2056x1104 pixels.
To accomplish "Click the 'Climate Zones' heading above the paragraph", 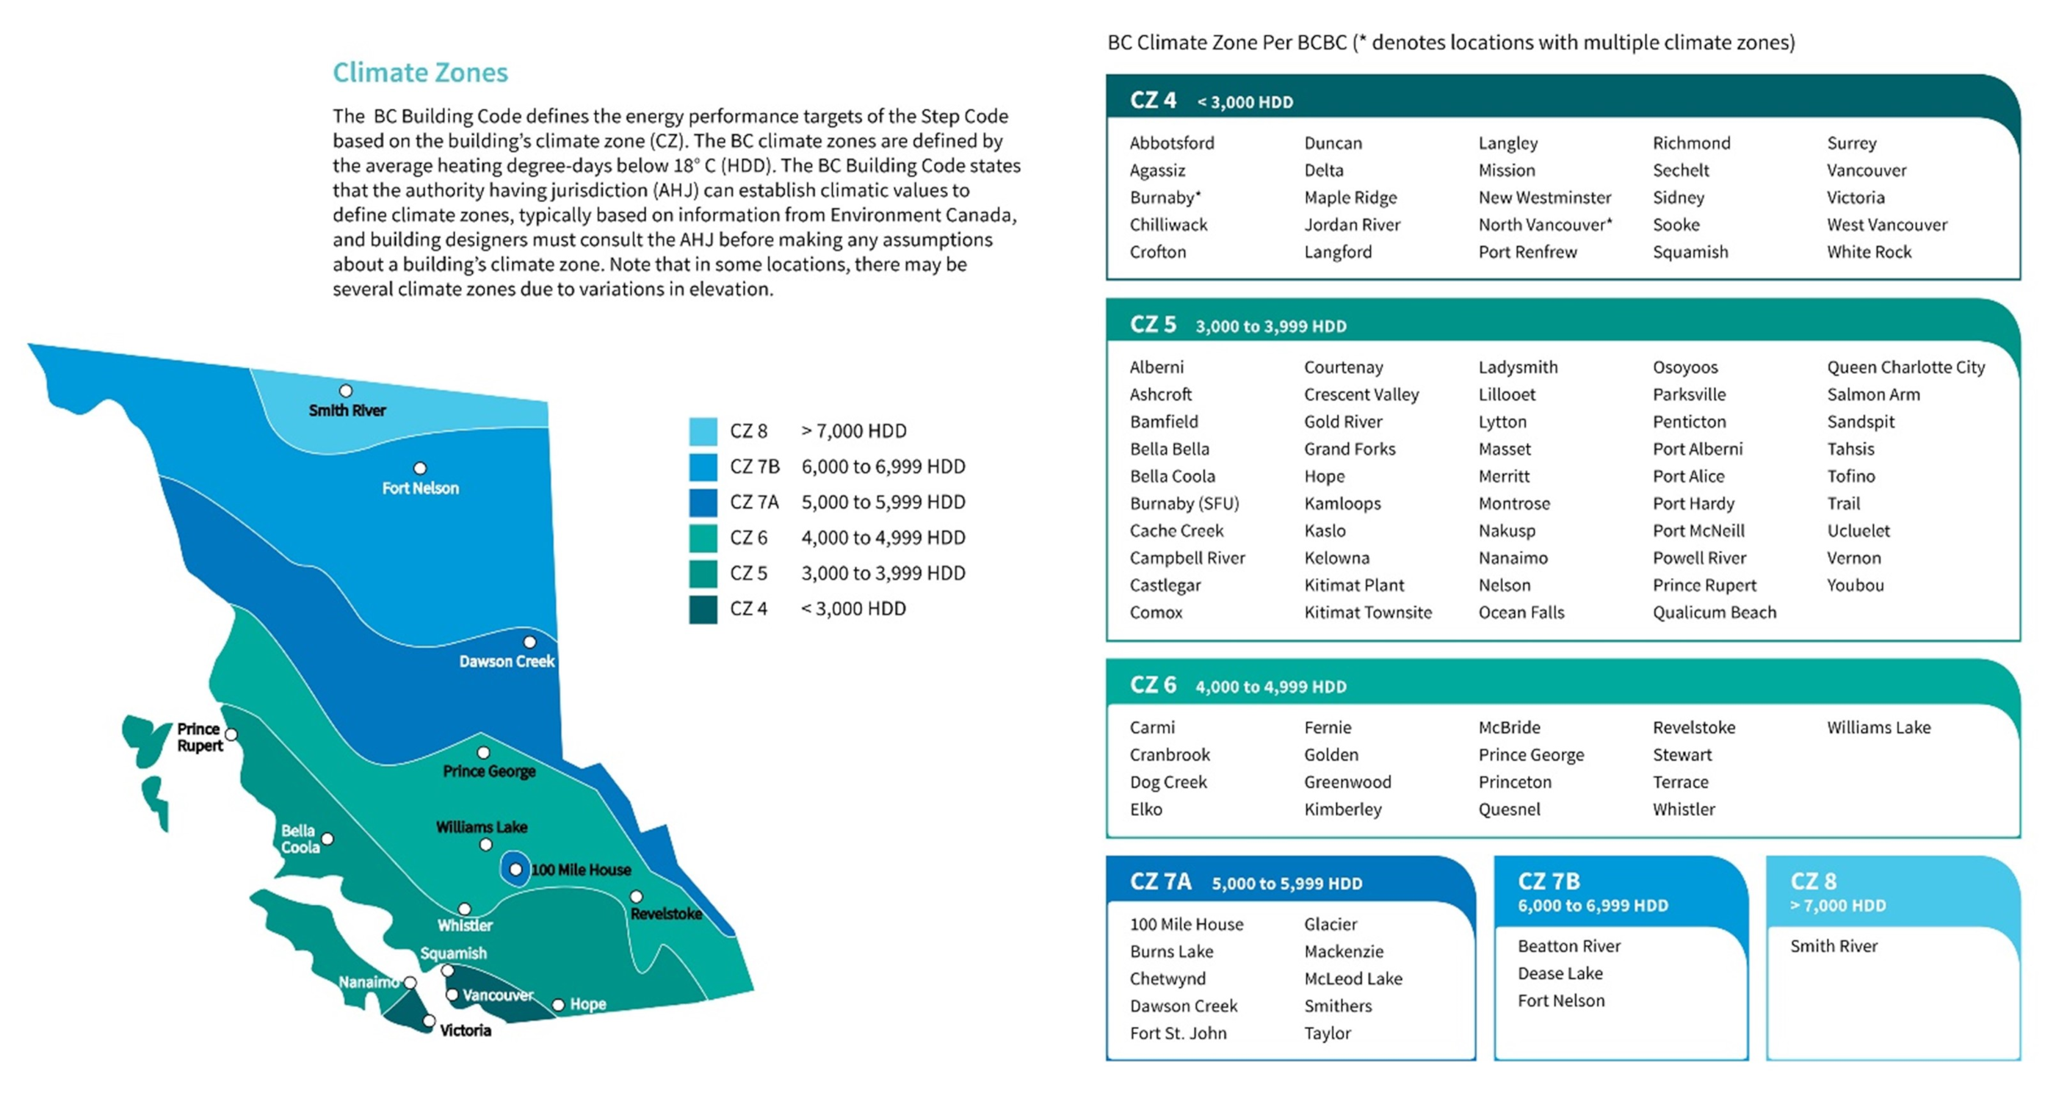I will click(420, 73).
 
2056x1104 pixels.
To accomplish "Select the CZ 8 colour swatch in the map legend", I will click(703, 431).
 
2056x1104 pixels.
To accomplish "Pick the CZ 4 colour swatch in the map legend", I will click(703, 609).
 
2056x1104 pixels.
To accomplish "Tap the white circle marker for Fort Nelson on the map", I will click(420, 469).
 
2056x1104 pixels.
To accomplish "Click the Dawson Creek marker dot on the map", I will click(529, 642).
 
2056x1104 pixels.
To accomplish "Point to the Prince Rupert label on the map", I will click(199, 737).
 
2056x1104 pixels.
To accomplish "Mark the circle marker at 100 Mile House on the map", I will click(515, 869).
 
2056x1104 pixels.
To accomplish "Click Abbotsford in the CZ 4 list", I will click(1172, 143).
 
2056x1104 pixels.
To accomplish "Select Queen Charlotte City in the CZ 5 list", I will click(1905, 367).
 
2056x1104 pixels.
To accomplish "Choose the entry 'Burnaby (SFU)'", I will click(1184, 504).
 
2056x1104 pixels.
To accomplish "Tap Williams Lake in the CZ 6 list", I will click(1878, 727).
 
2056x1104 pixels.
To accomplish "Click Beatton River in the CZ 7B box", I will click(1568, 946).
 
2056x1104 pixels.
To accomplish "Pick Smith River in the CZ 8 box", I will click(1834, 946).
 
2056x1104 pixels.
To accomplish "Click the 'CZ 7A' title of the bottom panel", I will click(1160, 881).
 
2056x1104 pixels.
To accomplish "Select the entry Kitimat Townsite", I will click(1367, 613).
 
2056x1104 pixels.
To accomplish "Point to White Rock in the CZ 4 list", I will click(1869, 252).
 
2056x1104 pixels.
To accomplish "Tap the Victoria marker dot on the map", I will click(429, 1021).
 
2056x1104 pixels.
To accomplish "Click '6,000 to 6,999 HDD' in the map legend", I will click(883, 466).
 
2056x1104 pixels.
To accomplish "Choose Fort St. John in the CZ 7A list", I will click(1178, 1033).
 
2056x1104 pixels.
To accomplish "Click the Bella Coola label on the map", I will click(300, 838).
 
